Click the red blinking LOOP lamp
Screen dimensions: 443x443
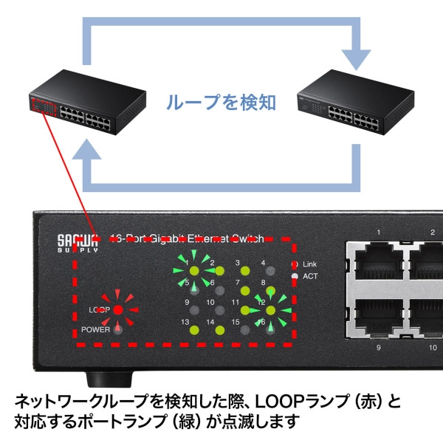tap(117, 309)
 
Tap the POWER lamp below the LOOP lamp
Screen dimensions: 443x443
tap(117, 329)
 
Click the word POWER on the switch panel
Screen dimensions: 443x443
tap(95, 329)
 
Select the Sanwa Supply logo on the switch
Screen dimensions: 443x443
tap(78, 244)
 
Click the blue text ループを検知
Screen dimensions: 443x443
tap(220, 102)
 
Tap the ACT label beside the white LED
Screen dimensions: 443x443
tap(310, 276)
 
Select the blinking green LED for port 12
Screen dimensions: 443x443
tap(261, 311)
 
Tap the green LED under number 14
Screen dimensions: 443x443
tap(219, 330)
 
